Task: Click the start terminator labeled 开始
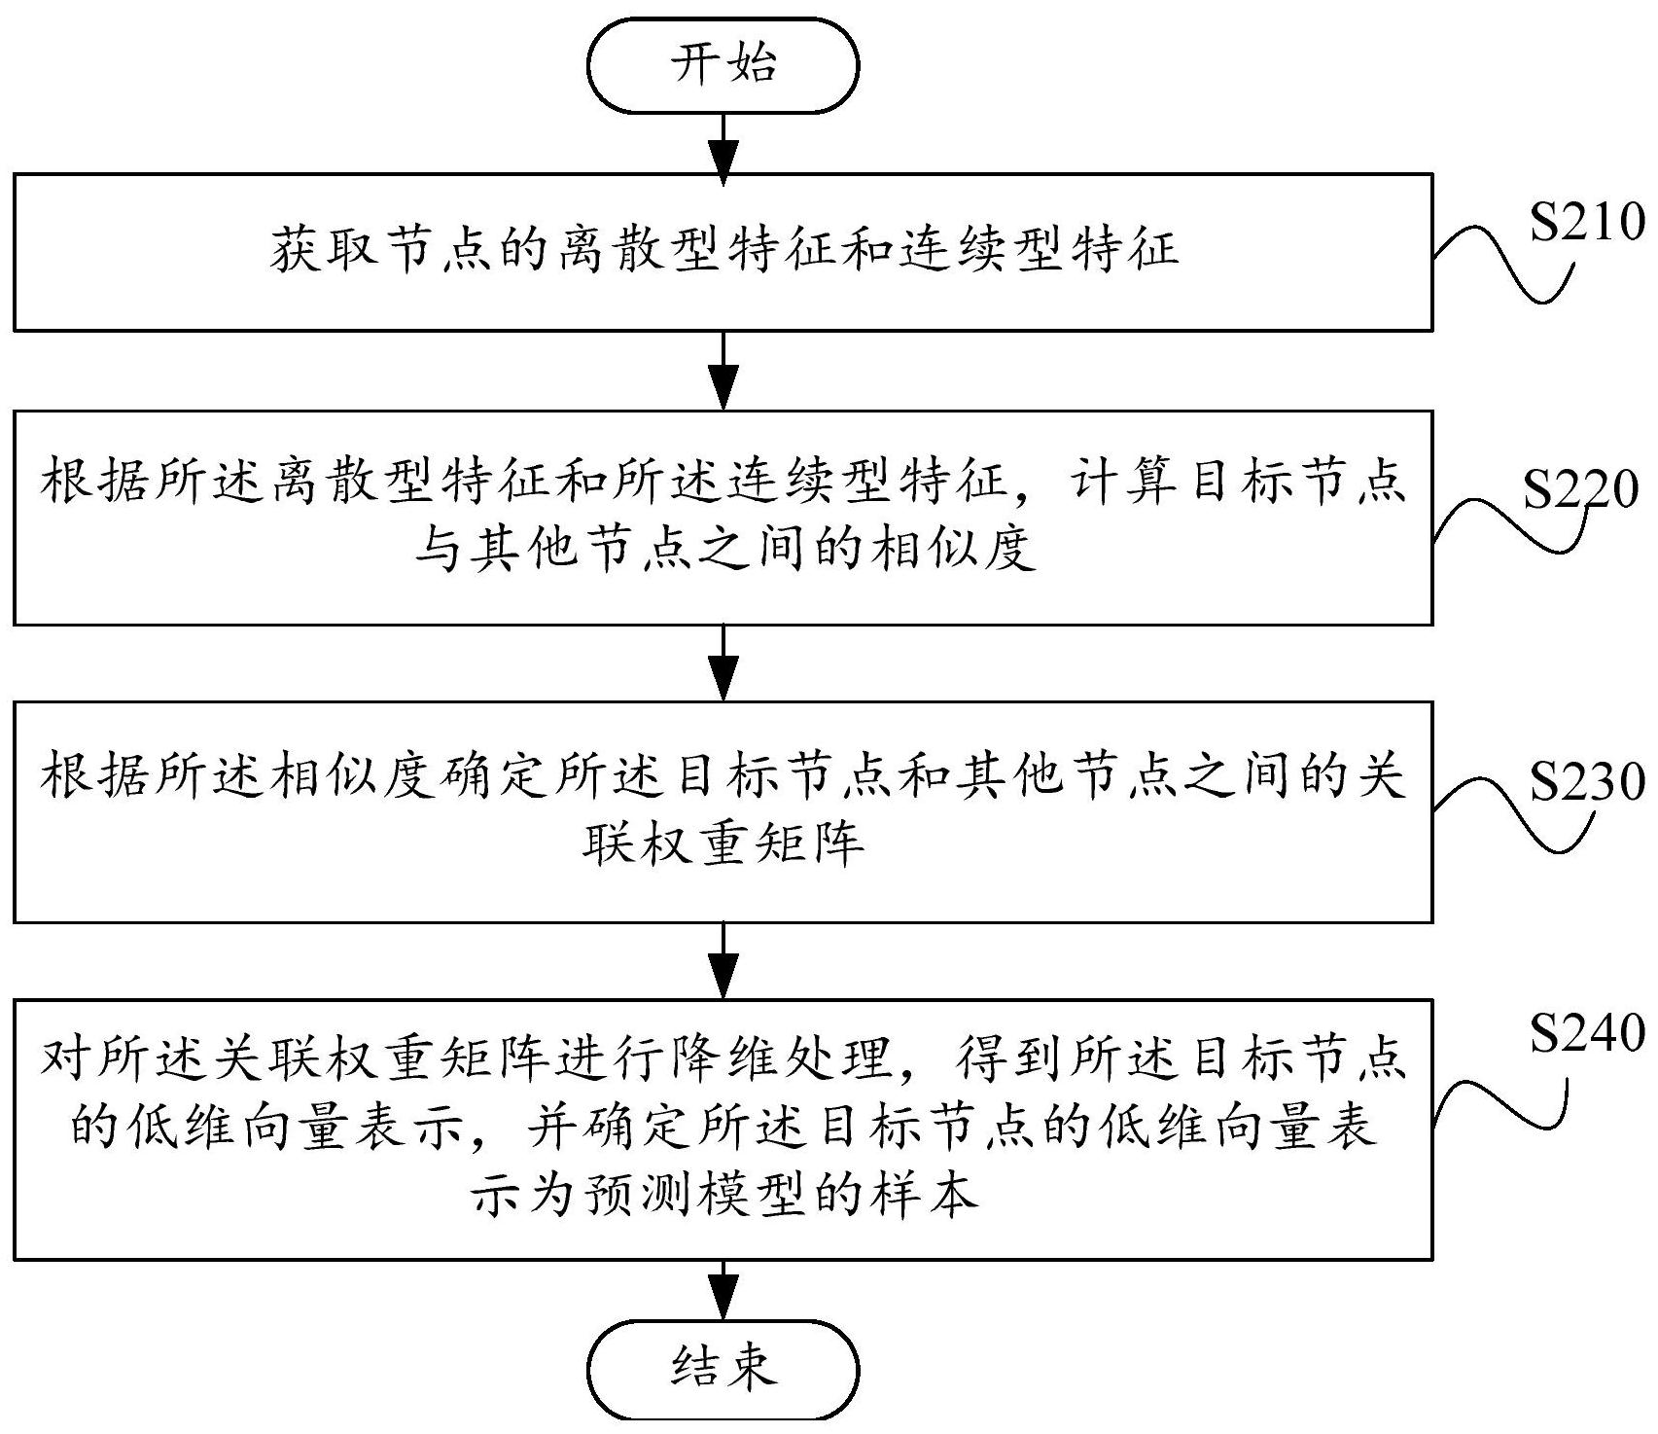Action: [x=723, y=65]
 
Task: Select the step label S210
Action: [x=1586, y=223]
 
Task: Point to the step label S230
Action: [x=1586, y=781]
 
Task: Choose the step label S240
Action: [x=1586, y=1033]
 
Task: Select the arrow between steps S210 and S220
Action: [x=723, y=371]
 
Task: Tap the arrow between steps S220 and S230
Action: [x=723, y=663]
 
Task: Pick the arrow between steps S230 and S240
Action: [x=723, y=960]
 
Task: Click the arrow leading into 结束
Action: [x=723, y=1290]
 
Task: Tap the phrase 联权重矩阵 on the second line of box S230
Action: [x=723, y=842]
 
